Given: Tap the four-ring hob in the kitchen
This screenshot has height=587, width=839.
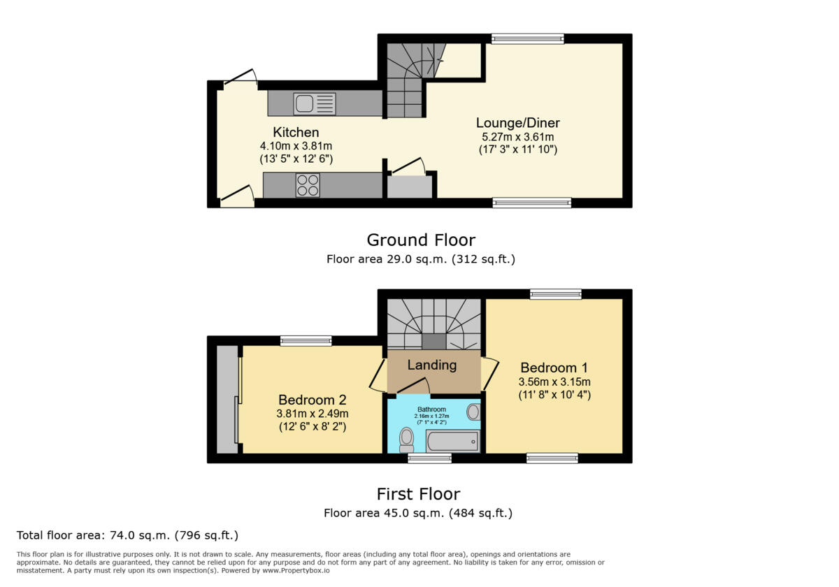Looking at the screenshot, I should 308,184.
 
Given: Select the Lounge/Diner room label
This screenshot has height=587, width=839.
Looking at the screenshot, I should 517,123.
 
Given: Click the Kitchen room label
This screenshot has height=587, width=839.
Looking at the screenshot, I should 296,132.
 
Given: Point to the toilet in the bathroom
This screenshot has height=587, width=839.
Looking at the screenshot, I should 406,440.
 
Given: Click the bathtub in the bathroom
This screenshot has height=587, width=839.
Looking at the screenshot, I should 453,442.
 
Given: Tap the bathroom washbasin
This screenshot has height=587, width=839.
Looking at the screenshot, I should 473,412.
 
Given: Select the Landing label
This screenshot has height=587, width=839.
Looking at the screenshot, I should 432,365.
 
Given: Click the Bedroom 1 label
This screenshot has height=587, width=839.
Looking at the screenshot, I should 554,368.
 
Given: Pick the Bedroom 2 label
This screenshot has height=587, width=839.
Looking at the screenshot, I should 313,400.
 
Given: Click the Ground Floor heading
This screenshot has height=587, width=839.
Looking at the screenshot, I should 421,240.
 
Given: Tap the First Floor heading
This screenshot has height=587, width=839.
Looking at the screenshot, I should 418,494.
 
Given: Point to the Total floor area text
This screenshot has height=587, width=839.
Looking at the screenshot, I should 128,535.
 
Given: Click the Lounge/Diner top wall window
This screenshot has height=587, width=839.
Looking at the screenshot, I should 527,39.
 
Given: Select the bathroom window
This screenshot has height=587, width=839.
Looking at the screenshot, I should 429,458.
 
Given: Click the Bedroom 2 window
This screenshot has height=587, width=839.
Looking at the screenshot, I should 306,341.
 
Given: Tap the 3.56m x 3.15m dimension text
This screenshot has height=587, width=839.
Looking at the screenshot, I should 554,382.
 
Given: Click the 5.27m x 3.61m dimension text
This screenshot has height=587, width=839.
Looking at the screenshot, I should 517,137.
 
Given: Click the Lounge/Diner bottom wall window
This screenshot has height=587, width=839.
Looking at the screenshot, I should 531,203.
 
